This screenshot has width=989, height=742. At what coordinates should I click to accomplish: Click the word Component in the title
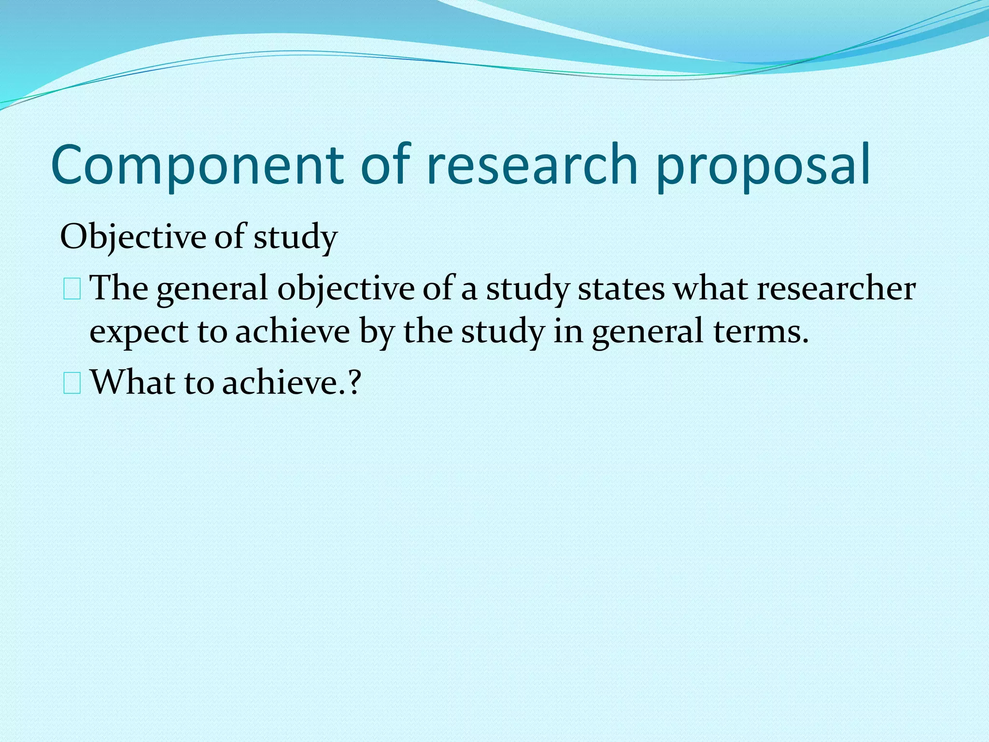click(x=197, y=166)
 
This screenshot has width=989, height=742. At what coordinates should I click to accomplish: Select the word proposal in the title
click(x=763, y=166)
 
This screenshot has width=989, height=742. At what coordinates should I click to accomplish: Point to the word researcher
click(x=835, y=288)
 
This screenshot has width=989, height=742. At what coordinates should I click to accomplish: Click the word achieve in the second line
click(x=293, y=332)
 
